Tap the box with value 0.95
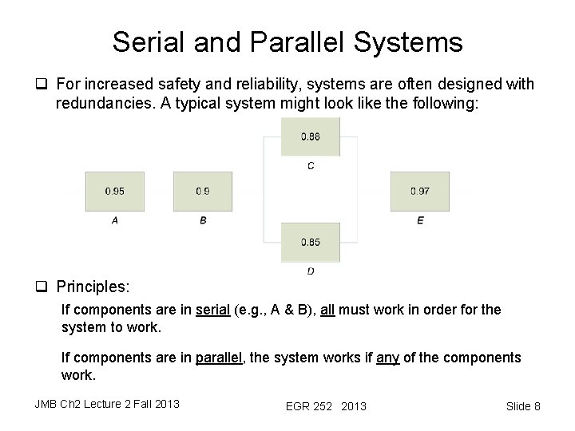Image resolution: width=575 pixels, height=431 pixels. pyautogui.click(x=114, y=192)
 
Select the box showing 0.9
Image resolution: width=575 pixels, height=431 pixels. pyautogui.click(x=203, y=192)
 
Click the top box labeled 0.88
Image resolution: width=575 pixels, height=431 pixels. pyautogui.click(x=311, y=136)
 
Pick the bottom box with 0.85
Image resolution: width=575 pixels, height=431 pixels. pyautogui.click(x=311, y=242)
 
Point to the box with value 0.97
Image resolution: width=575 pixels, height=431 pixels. pyautogui.click(x=419, y=192)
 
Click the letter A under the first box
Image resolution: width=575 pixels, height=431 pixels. pyautogui.click(x=115, y=220)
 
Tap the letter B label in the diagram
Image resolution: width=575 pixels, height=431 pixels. pyautogui.click(x=203, y=220)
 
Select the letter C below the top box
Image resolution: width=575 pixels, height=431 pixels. pyautogui.click(x=311, y=166)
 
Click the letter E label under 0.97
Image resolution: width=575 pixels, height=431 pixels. pyautogui.click(x=420, y=220)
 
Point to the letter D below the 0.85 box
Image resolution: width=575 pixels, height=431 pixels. pyautogui.click(x=311, y=271)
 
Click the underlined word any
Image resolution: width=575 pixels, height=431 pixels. pyautogui.click(x=387, y=358)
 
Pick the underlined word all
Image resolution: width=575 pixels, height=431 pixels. pyautogui.click(x=329, y=310)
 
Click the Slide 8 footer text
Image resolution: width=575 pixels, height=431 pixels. pyautogui.click(x=523, y=406)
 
